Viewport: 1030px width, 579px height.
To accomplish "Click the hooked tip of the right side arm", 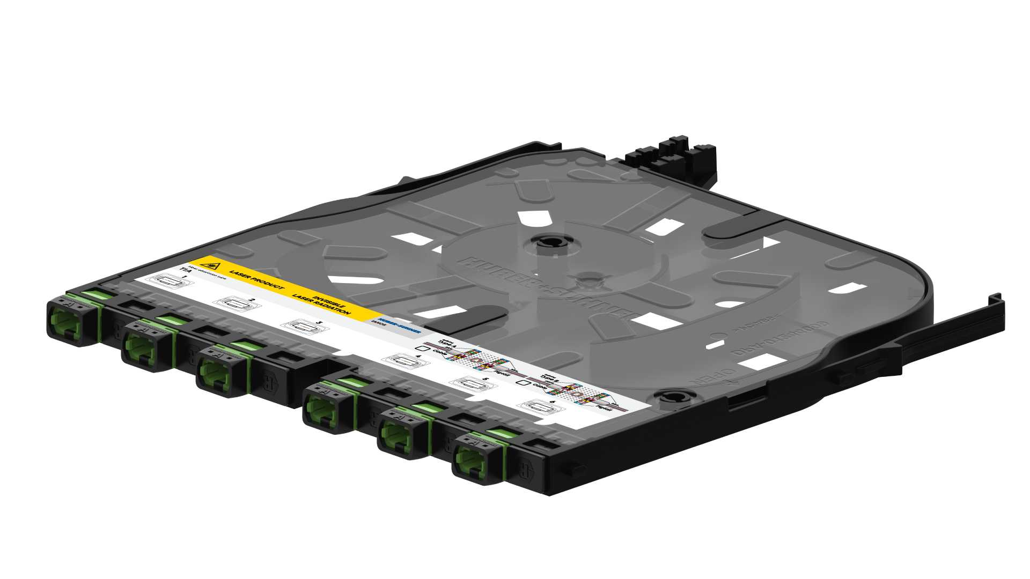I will click(996, 300).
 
